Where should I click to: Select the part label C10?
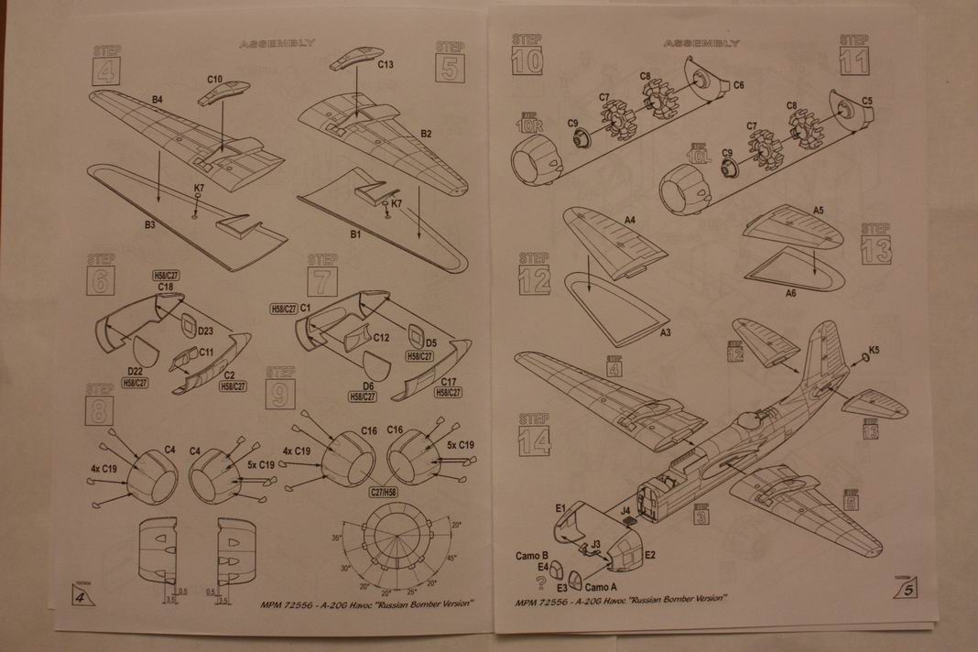[215, 80]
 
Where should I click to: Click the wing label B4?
[157, 98]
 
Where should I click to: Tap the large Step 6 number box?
[99, 280]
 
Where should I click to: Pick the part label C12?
[381, 337]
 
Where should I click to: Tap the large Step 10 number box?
[527, 61]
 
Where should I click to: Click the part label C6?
[739, 84]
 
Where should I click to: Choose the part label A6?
[791, 293]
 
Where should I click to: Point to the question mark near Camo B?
[541, 581]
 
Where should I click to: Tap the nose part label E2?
[649, 555]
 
